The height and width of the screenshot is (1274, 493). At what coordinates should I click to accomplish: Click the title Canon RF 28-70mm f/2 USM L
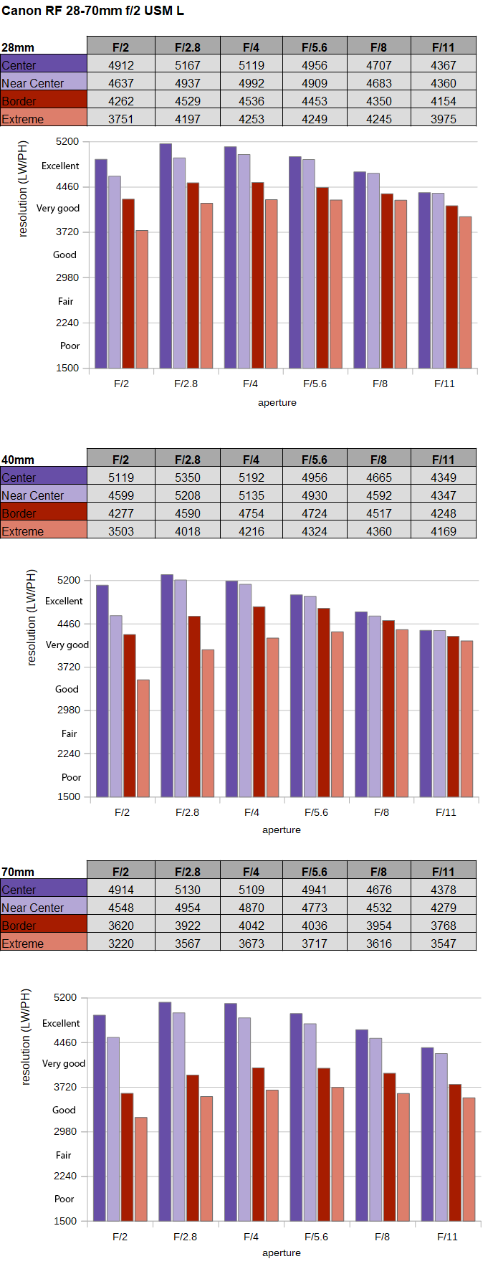click(92, 11)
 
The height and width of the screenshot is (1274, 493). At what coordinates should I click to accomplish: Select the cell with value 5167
click(187, 65)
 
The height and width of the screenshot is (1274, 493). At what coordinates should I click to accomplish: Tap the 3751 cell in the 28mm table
click(120, 119)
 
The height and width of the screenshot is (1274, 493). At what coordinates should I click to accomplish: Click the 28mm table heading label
click(18, 47)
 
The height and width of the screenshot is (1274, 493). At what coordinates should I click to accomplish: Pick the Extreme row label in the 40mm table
click(23, 531)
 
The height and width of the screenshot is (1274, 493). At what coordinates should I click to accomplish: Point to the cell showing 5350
click(187, 477)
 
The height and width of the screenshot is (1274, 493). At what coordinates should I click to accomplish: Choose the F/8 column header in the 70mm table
click(379, 872)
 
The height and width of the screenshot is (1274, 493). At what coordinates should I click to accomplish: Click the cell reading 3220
click(120, 943)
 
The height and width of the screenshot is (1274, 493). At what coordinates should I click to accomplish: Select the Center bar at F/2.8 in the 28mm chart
click(166, 256)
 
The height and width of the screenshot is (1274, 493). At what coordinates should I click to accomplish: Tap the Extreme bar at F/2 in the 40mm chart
click(143, 738)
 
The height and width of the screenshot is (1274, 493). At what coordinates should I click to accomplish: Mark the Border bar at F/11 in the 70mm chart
click(455, 1153)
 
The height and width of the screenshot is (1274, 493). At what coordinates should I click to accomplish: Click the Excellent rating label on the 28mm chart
click(60, 166)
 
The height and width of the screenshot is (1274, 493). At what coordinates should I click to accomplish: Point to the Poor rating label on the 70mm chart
click(64, 1199)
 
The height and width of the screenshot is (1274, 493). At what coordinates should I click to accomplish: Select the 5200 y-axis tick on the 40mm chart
click(69, 580)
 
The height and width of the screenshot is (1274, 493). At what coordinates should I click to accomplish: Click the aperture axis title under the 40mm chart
click(282, 829)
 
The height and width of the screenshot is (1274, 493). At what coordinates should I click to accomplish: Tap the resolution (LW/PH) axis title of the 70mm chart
click(26, 1037)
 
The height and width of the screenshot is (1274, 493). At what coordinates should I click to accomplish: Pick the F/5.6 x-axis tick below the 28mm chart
click(315, 384)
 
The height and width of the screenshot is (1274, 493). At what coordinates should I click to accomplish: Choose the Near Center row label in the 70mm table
click(33, 908)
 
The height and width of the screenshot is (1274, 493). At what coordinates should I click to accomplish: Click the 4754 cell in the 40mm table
click(251, 513)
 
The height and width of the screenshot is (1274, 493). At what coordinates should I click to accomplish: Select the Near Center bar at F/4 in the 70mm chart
click(244, 1119)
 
